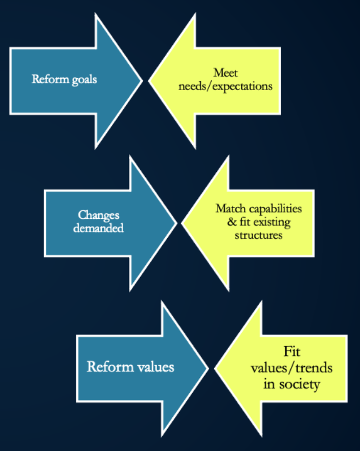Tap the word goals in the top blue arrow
pyautogui.click(x=83, y=80)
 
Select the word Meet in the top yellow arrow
pyautogui.click(x=225, y=74)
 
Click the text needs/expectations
pyautogui.click(x=225, y=86)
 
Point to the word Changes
pyautogui.click(x=98, y=215)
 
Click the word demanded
pyautogui.click(x=98, y=228)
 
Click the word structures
pyautogui.click(x=258, y=235)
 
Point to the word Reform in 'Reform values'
pyautogui.click(x=106, y=367)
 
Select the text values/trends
pyautogui.click(x=291, y=368)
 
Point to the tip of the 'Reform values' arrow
pyautogui.click(x=207, y=368)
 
